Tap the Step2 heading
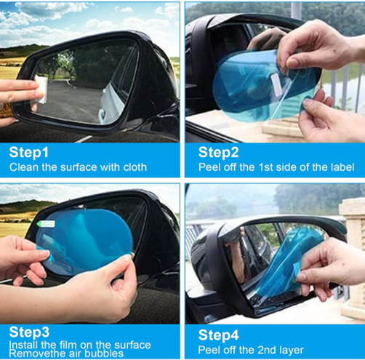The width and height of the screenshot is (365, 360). coord(218,153)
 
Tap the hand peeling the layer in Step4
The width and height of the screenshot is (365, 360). coord(334,262)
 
